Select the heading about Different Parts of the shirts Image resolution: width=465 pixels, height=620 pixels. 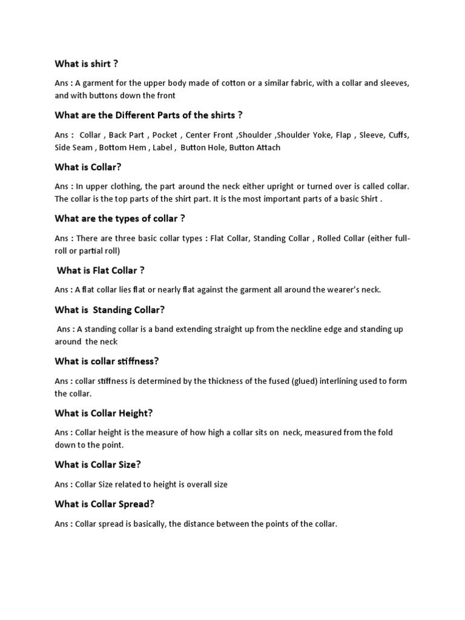(x=148, y=115)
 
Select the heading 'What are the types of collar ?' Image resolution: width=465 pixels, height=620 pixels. (x=119, y=219)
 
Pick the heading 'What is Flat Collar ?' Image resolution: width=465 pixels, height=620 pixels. (x=101, y=270)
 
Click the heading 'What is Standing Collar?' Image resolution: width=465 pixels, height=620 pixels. (x=110, y=309)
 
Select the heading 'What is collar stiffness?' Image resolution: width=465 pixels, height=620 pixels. (x=107, y=361)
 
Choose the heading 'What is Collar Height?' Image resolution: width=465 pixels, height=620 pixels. (x=104, y=413)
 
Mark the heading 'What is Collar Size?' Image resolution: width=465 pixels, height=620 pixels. (x=98, y=464)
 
